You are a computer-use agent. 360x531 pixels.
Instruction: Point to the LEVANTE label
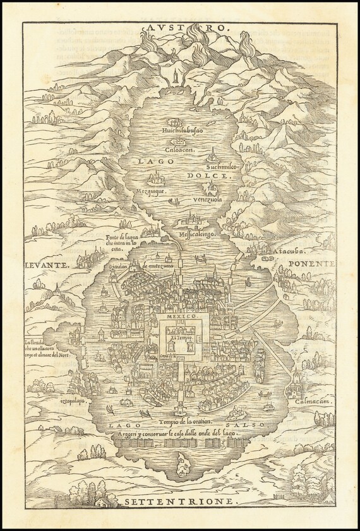47,266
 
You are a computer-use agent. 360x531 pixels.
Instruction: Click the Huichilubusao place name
183,133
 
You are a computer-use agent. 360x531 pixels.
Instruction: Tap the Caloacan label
181,150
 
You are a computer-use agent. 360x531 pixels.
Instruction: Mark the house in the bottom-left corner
101,501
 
